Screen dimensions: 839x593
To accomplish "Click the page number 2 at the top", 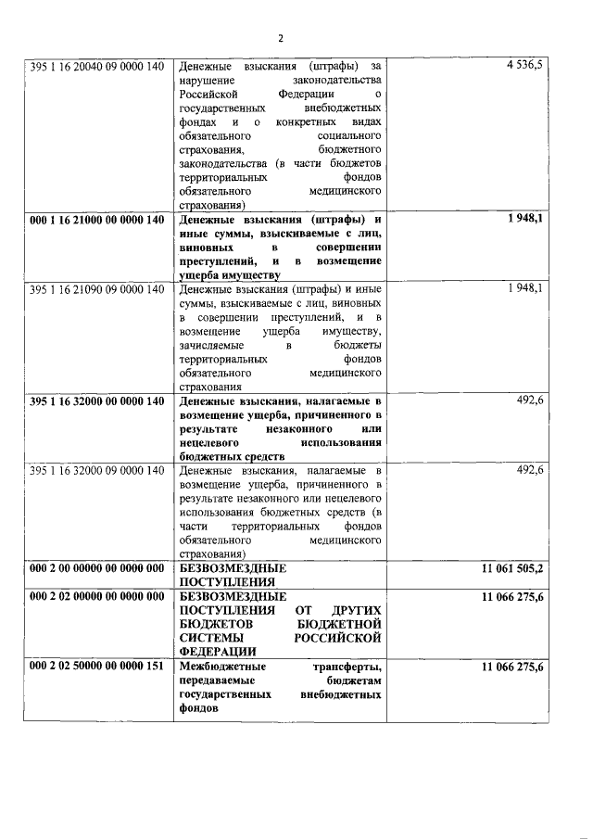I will point(280,38).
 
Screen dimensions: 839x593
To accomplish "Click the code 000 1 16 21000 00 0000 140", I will point(96,220).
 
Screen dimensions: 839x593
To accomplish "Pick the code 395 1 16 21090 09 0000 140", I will point(96,289).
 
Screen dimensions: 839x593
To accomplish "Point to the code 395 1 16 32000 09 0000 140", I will point(96,470).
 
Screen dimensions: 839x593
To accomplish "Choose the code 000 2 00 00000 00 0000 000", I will point(96,567).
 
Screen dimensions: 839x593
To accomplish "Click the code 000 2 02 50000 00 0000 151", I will point(96,667).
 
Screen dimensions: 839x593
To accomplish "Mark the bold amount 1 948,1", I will point(524,220).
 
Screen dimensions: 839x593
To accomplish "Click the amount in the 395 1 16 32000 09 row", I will point(529,470).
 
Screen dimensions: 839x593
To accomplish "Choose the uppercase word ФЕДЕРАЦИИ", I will point(221,653).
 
